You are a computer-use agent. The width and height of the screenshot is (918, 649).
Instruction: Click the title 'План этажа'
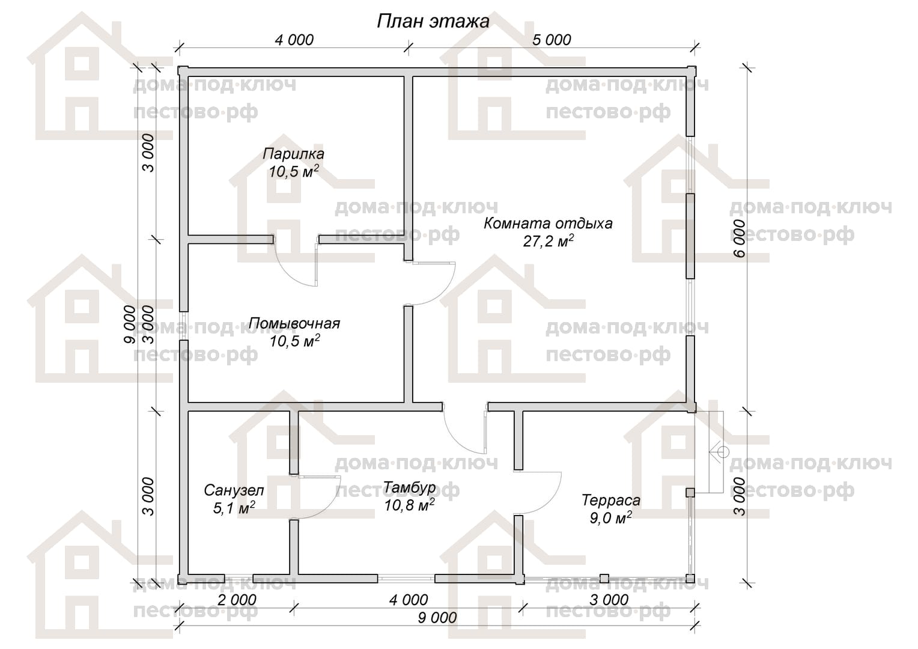pyautogui.click(x=433, y=21)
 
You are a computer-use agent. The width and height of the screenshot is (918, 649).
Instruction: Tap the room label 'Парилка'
pyautogui.click(x=293, y=154)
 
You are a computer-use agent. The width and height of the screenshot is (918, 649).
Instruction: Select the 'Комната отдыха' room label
pyautogui.click(x=548, y=224)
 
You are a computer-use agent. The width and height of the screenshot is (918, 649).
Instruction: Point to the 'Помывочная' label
pyautogui.click(x=294, y=323)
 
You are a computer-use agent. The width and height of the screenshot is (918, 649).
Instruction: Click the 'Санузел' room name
pyautogui.click(x=234, y=490)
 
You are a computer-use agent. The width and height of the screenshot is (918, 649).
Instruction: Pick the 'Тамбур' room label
pyautogui.click(x=409, y=487)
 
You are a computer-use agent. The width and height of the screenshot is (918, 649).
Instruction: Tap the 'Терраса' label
pyautogui.click(x=611, y=500)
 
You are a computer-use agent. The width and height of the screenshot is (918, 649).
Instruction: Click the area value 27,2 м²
pyautogui.click(x=548, y=241)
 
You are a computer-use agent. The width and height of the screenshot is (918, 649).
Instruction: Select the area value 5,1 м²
pyautogui.click(x=234, y=508)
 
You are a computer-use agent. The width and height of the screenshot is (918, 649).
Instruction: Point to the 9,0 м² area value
pyautogui.click(x=610, y=518)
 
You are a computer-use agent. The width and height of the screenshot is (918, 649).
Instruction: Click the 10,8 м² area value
pyautogui.click(x=409, y=505)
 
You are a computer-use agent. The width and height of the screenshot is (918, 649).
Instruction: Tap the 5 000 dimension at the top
pyautogui.click(x=551, y=40)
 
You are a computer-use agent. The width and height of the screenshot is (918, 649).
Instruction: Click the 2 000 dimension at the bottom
pyautogui.click(x=237, y=600)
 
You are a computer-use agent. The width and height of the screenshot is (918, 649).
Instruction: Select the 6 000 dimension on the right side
pyautogui.click(x=740, y=238)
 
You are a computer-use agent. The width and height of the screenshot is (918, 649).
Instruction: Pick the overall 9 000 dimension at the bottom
pyautogui.click(x=437, y=618)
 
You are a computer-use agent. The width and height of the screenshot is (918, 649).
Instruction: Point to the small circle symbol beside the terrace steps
pyautogui.click(x=724, y=452)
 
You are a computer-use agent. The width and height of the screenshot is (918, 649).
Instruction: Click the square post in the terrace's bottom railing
pyautogui.click(x=604, y=579)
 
